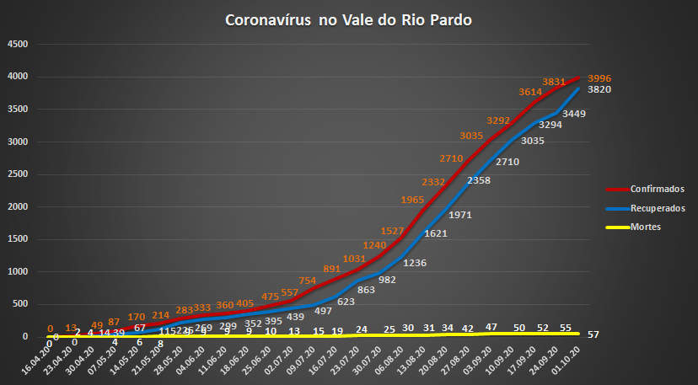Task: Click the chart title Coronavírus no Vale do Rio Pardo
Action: point(348,19)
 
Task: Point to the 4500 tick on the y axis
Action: point(17,45)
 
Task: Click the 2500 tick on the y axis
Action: point(17,174)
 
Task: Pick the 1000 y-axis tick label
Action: point(17,272)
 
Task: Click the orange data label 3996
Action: point(600,76)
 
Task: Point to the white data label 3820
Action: point(600,89)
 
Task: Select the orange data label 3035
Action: point(473,136)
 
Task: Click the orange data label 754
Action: point(309,281)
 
